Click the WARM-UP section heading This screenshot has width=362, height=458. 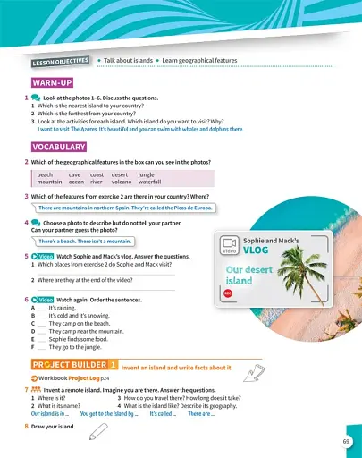53,82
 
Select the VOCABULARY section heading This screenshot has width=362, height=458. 58,146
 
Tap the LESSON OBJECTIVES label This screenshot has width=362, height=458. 61,62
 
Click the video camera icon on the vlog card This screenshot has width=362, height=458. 228,243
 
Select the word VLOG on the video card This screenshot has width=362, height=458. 256,252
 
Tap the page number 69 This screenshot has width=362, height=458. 346,441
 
